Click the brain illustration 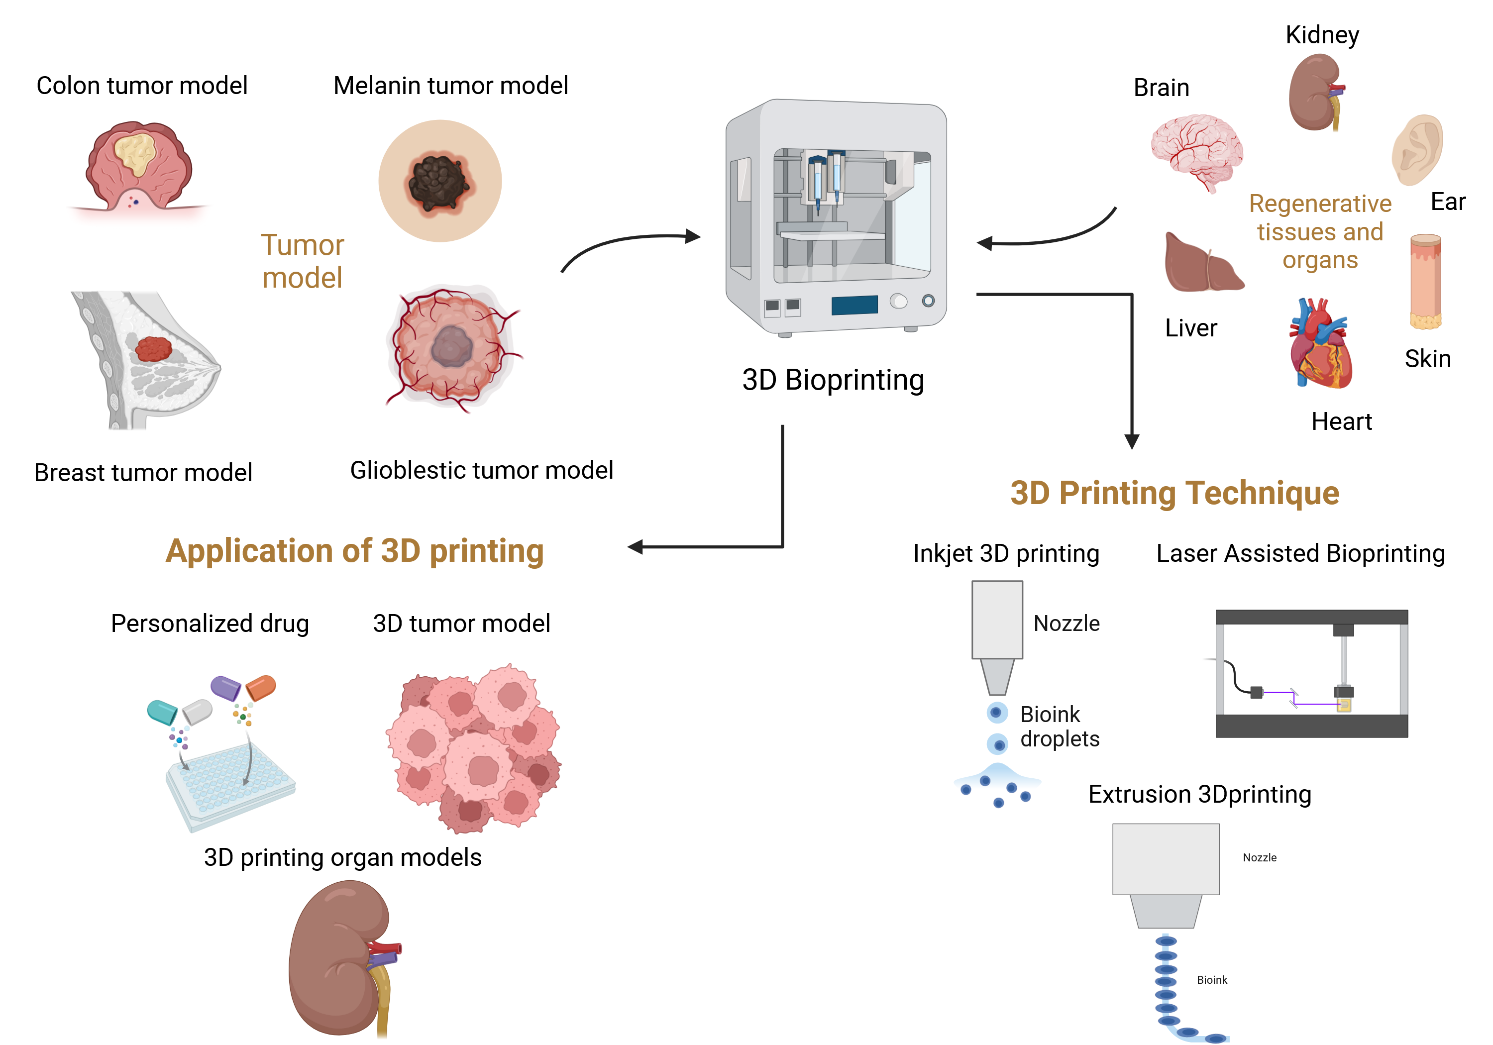tap(1196, 150)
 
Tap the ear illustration tap(1417, 150)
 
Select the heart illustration tap(1320, 345)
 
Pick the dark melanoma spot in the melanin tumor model tap(438, 182)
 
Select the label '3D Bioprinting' tap(833, 380)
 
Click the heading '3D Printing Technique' tap(1174, 493)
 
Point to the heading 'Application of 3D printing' tap(354, 551)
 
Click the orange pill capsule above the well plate tap(261, 687)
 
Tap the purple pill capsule tap(225, 687)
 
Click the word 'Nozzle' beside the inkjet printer tap(1066, 624)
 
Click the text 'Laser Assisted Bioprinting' tap(1300, 553)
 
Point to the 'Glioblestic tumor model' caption tap(481, 470)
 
